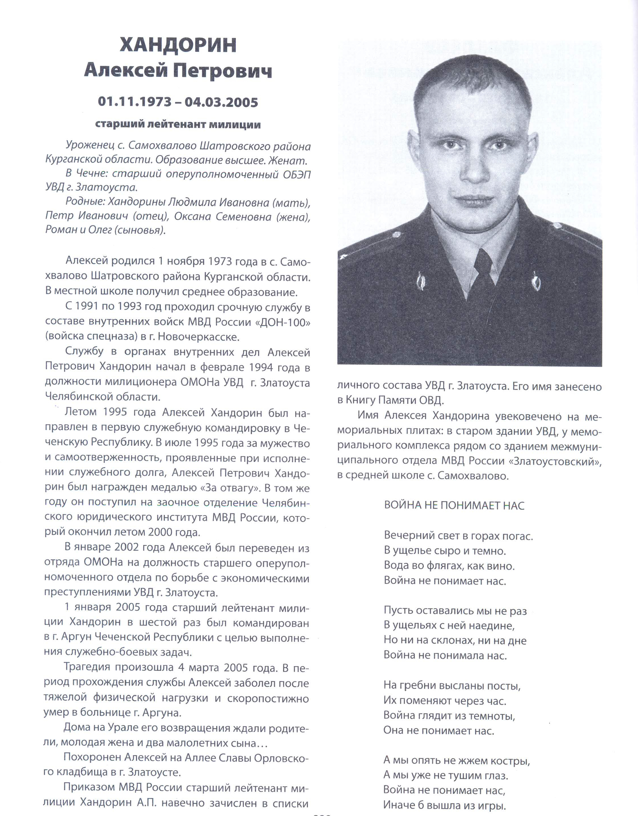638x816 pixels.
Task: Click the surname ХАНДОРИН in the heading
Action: point(178,45)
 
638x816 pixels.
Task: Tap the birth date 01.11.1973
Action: point(135,102)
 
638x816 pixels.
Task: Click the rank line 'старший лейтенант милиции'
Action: point(178,125)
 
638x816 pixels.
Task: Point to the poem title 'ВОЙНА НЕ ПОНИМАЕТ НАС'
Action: point(454,506)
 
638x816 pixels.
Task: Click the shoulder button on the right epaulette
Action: point(557,225)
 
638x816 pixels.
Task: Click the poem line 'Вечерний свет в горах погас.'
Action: point(458,536)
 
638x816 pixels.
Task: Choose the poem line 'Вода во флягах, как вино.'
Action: point(449,566)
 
